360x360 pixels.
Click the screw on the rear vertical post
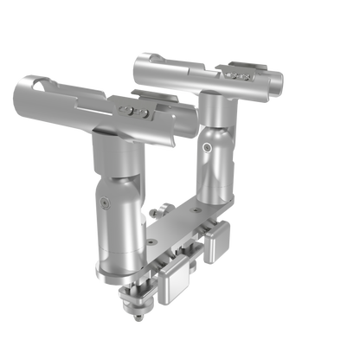tap(208, 149)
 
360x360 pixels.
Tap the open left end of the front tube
tap(29, 91)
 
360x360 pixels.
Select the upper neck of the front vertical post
tap(113, 156)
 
